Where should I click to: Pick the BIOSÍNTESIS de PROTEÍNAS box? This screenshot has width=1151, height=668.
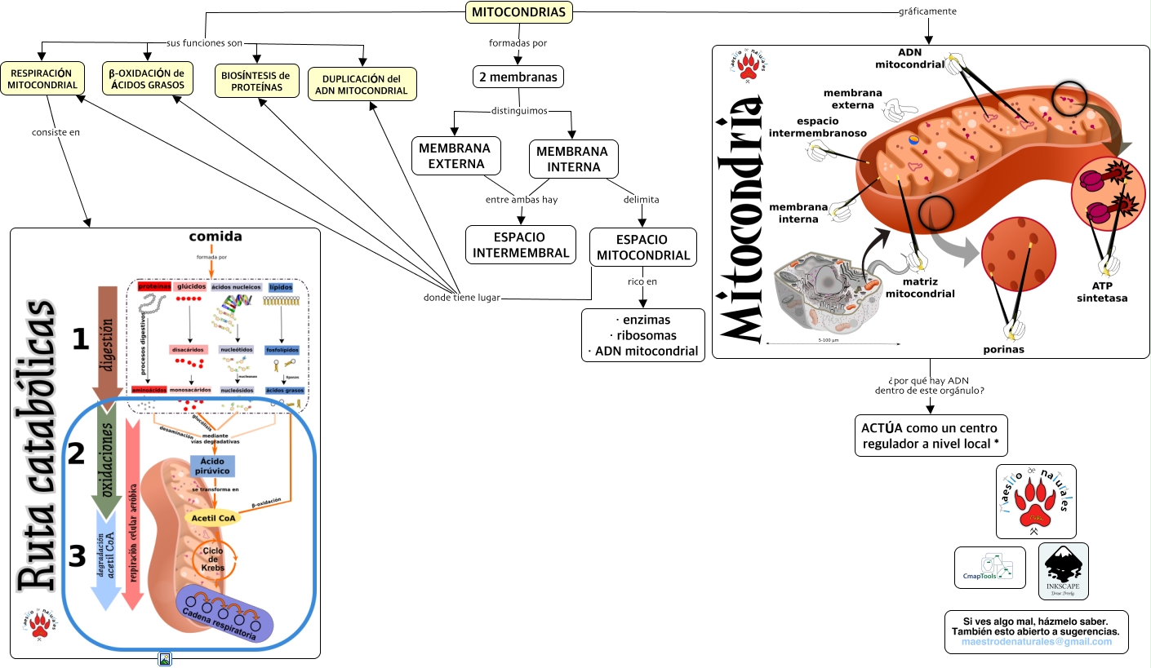(x=256, y=81)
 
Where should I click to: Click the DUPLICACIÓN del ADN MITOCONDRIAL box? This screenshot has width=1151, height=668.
(x=362, y=84)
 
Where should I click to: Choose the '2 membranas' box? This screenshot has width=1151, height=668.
(x=518, y=77)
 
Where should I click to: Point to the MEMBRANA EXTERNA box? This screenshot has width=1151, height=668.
(x=455, y=156)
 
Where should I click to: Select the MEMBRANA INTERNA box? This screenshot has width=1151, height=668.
(x=572, y=159)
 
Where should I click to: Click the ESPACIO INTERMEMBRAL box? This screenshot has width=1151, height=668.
(x=520, y=245)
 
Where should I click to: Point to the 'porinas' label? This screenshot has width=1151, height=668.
(x=1003, y=349)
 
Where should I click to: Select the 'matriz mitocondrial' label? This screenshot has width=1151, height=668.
(x=919, y=287)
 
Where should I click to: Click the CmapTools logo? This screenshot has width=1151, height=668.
(x=989, y=568)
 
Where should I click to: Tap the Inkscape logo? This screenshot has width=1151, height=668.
(x=1063, y=571)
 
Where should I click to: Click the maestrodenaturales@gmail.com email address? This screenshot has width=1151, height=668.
(x=1037, y=642)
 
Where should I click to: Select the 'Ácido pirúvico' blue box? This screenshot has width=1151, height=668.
(x=211, y=466)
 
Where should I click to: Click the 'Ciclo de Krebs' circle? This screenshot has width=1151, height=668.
(x=213, y=560)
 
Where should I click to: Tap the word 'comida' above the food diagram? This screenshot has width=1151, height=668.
(x=216, y=237)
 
